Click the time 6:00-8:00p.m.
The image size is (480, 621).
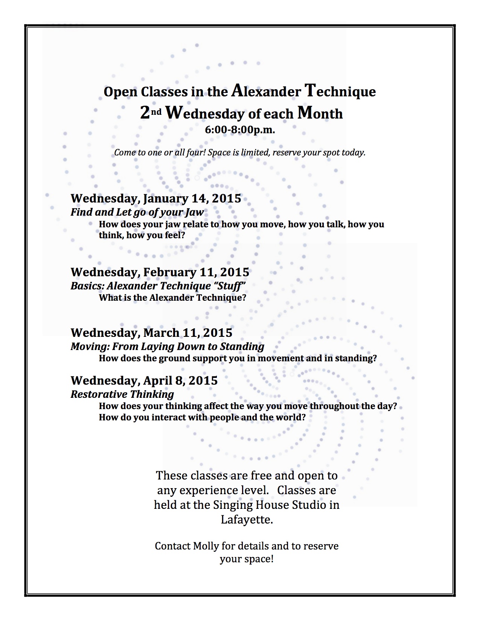pyautogui.click(x=240, y=130)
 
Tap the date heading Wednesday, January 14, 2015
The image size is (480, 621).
pyautogui.click(x=156, y=198)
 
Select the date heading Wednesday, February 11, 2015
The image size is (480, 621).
pyautogui.click(x=160, y=272)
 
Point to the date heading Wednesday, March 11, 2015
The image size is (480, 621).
pyautogui.click(x=151, y=333)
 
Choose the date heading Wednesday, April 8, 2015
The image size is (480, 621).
pyautogui.click(x=144, y=381)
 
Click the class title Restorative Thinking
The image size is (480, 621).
pyautogui.click(x=122, y=394)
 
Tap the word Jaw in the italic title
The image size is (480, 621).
pyautogui.click(x=194, y=212)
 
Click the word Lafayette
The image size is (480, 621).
pyautogui.click(x=247, y=520)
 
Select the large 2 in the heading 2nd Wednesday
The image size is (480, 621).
pyautogui.click(x=145, y=113)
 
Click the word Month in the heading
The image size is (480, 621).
pyautogui.click(x=320, y=113)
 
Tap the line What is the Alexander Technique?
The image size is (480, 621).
pyautogui.click(x=172, y=298)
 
